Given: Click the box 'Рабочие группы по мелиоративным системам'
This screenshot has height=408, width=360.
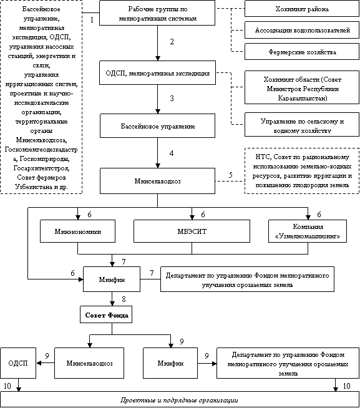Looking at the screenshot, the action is click(157, 12).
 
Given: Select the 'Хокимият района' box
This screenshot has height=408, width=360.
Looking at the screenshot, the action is click(302, 9).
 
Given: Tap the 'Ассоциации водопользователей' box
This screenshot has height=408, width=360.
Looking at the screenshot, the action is click(302, 30).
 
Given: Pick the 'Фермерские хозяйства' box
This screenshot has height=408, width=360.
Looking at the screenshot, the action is click(302, 52).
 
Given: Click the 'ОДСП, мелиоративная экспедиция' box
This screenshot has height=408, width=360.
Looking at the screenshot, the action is click(157, 73).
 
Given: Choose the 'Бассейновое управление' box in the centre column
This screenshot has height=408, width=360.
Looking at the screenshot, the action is click(157, 126).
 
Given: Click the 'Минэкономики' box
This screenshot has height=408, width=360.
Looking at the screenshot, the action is click(77, 231).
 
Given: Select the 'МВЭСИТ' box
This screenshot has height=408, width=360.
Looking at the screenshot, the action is click(192, 231).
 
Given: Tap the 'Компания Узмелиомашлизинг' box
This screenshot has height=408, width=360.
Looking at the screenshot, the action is click(308, 231).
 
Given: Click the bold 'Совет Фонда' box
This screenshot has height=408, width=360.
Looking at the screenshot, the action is click(106, 315).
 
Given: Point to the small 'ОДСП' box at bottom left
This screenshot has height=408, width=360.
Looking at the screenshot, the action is click(18, 363).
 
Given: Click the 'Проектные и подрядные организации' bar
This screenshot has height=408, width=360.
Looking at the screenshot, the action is click(180, 400).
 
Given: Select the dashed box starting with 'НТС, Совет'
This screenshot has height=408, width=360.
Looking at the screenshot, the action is click(302, 171).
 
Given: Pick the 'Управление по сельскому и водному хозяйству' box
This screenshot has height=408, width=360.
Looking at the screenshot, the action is click(302, 125).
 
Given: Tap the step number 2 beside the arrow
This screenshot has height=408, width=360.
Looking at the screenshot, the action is click(172, 42).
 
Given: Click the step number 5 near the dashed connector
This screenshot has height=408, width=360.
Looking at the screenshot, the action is click(231, 175).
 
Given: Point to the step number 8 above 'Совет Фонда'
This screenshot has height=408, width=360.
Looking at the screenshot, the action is click(124, 299).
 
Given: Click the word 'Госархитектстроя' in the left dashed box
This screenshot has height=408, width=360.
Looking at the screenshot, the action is click(41, 168).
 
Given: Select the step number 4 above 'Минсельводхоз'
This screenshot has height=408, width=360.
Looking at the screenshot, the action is click(172, 153).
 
